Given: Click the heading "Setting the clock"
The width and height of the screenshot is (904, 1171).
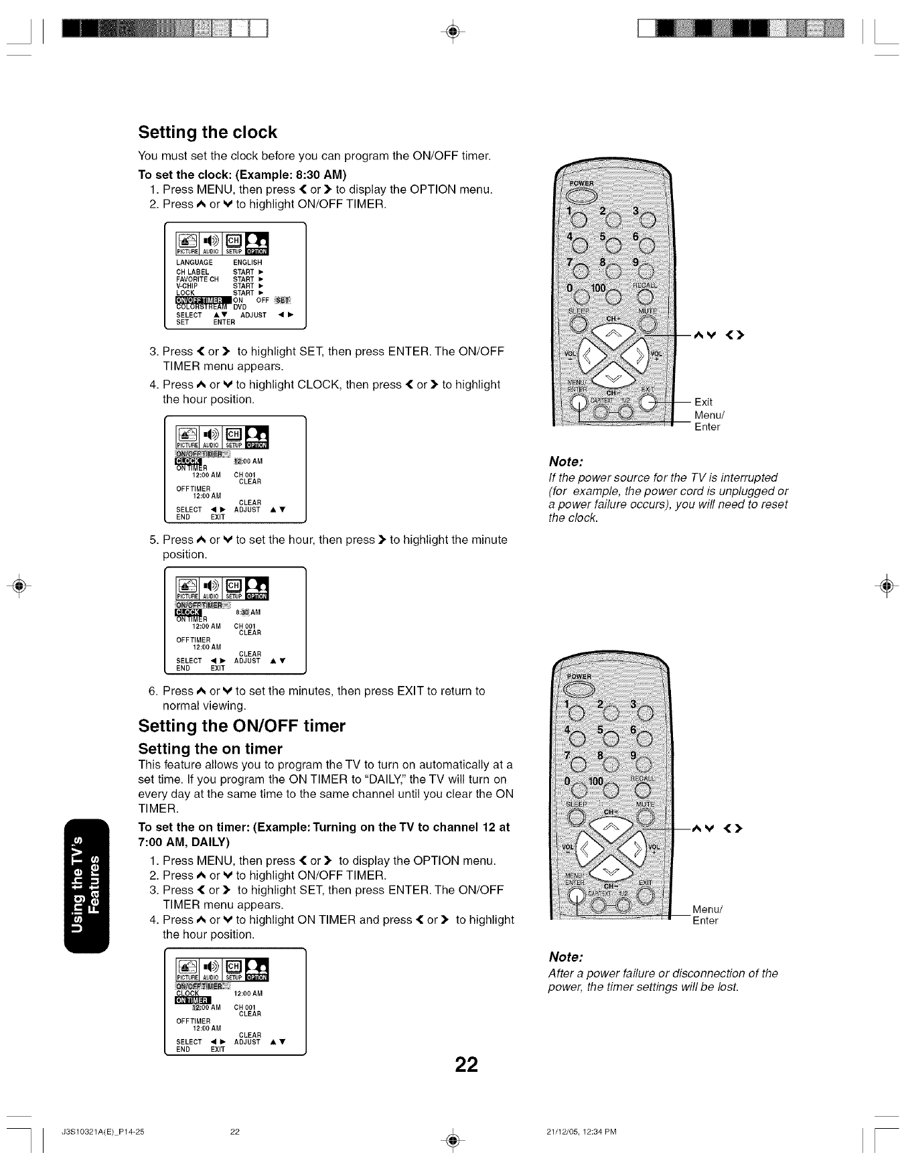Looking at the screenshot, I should pyautogui.click(x=207, y=132).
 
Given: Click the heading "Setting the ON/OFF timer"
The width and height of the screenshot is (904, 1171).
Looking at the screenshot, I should pyautogui.click(x=242, y=726).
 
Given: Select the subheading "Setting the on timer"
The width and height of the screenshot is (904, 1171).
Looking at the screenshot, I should pyautogui.click(x=210, y=748).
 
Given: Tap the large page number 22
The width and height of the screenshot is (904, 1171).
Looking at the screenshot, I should pyautogui.click(x=467, y=1064).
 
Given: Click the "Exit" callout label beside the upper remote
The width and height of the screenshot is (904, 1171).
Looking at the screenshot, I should pyautogui.click(x=703, y=402).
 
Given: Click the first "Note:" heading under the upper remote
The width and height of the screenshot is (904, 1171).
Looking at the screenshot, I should pyautogui.click(x=566, y=462).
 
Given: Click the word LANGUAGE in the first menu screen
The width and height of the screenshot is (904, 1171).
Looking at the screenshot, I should pyautogui.click(x=194, y=262).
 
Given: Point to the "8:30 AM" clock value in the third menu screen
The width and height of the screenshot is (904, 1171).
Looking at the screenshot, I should pyautogui.click(x=248, y=612).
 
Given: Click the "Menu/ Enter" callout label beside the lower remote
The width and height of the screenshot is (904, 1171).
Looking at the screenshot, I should pyautogui.click(x=706, y=915).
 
